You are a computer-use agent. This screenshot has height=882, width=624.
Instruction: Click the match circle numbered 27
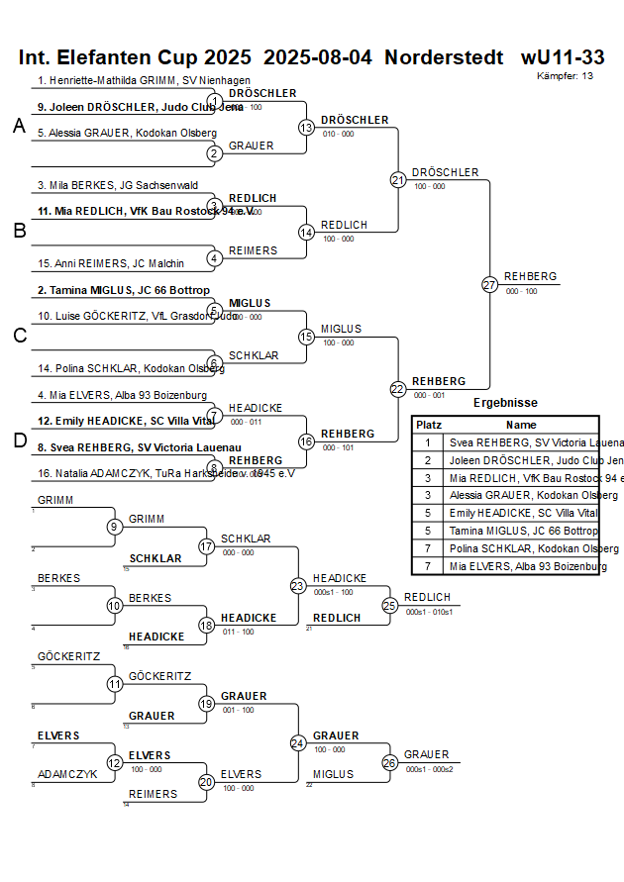point(489,285)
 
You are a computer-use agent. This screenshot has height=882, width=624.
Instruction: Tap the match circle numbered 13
point(307,128)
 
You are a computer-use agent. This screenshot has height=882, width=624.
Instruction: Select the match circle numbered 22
point(398,389)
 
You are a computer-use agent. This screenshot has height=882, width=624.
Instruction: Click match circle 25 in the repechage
point(390,605)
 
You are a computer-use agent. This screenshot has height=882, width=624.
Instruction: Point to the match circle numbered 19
point(206,704)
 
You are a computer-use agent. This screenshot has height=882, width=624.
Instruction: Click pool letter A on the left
point(19,126)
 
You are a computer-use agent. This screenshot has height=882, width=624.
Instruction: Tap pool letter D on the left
point(19,441)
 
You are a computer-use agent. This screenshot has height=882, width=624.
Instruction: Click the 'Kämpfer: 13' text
point(565,76)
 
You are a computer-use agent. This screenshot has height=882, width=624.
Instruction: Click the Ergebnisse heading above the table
point(505,403)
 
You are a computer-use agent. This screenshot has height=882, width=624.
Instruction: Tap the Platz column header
point(428,424)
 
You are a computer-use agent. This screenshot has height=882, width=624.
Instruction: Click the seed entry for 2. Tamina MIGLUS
point(123,290)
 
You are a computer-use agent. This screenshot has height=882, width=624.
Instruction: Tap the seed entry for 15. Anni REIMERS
point(111,263)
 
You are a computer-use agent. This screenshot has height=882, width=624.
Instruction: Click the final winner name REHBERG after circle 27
point(530,276)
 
